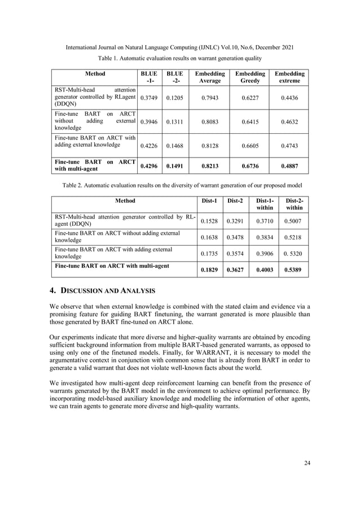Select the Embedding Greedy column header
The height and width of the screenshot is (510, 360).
pos(251,77)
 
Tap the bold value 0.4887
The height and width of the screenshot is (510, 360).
pos(291,167)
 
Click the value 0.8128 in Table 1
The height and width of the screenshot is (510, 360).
pos(209,145)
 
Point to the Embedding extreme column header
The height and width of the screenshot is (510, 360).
pos(291,77)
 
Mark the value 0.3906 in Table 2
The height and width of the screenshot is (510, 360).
pos(265,254)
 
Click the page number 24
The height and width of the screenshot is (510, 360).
pos(307,464)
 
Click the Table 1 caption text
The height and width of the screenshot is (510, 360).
pos(180,58)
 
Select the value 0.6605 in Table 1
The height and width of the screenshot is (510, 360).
pos(251,145)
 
